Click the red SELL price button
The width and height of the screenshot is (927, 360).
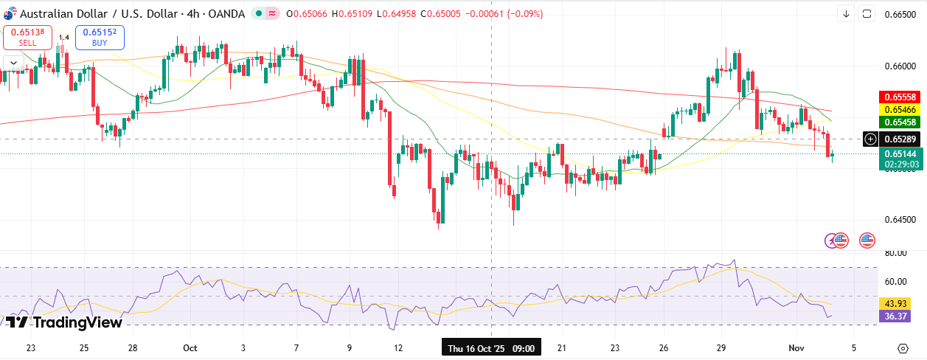pos(27,37)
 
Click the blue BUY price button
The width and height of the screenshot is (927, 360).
pos(100,37)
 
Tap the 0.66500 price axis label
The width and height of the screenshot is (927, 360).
pos(900,15)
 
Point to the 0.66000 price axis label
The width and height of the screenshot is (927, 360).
pos(900,66)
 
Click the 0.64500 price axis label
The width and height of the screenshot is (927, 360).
pos(900,219)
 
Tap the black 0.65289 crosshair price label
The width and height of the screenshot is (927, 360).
pos(898,139)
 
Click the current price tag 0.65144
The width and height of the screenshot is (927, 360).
pos(898,154)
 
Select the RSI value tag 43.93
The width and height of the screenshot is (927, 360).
pos(895,304)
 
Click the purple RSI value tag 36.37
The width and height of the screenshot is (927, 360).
pos(895,316)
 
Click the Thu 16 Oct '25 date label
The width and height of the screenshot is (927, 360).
pos(490,347)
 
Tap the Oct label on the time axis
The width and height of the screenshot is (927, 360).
pos(190,347)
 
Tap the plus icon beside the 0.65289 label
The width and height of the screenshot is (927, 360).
pos(870,139)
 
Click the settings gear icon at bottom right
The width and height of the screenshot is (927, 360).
pos(903,348)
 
